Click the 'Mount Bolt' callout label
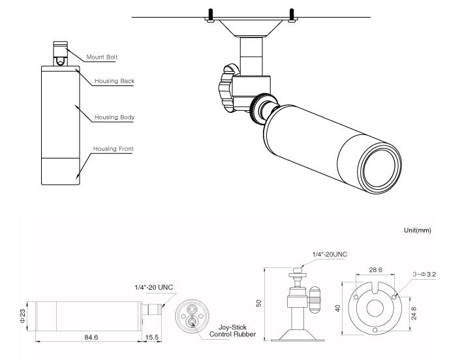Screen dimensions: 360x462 pyautogui.click(x=102, y=57)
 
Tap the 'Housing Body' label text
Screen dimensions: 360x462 pyautogui.click(x=114, y=117)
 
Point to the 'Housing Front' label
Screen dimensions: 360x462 pyautogui.click(x=114, y=149)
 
